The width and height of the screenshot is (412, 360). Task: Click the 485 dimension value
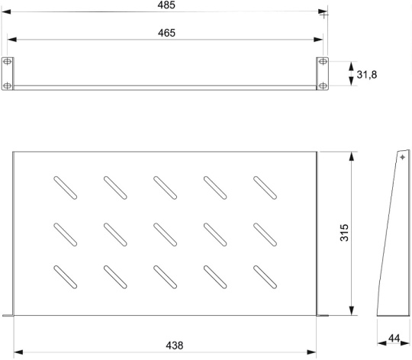(x=166, y=5)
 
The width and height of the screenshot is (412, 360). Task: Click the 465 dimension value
(x=166, y=33)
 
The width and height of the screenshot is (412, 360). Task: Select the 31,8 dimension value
(x=366, y=75)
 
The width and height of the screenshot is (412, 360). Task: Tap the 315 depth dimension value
(x=344, y=233)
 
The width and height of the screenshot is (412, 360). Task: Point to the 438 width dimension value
(x=175, y=346)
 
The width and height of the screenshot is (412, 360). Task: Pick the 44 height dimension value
(x=394, y=338)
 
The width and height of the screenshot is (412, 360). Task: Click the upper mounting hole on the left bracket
(x=8, y=62)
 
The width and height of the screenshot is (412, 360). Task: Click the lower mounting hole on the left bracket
(x=8, y=85)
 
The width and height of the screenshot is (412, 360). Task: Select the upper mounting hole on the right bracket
(x=323, y=62)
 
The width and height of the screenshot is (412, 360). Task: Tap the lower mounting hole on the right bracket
(x=323, y=85)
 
